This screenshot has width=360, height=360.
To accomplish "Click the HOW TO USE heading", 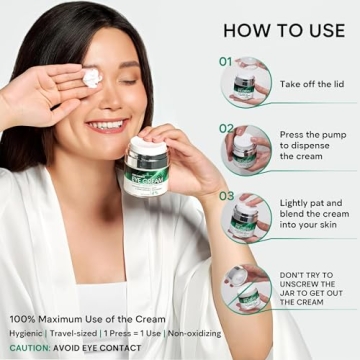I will pos(284,30).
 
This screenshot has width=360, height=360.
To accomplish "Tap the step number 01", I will pos(226,61).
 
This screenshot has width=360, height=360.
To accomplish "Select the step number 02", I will pos(227,128).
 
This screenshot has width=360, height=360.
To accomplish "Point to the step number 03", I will pos(227,196).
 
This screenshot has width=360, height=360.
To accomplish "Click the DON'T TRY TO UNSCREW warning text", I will pos(313,287).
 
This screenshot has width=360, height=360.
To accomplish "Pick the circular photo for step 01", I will pos(246,82).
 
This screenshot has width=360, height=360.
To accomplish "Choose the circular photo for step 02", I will pos(246,149).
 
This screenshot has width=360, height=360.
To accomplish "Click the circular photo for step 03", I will pos(246,217).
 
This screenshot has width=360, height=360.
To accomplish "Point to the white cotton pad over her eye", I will pos(92,77).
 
